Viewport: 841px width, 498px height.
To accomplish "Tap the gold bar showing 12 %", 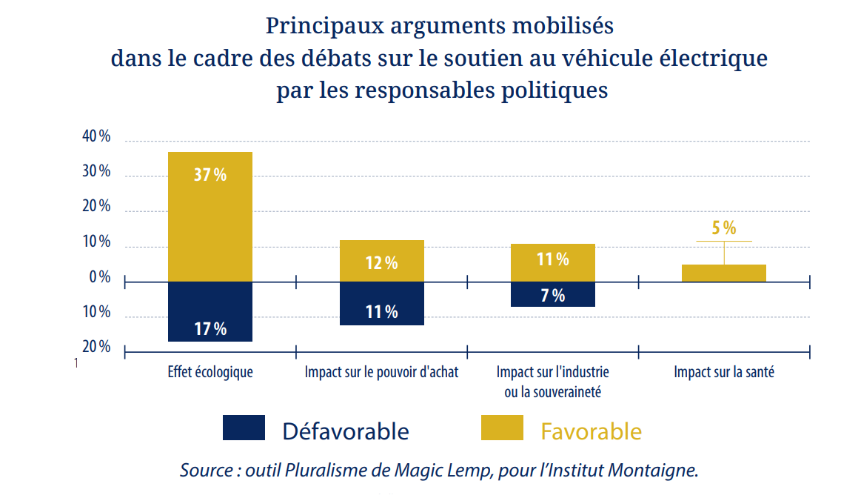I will pos(381,261).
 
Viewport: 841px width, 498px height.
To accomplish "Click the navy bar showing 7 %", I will pos(552,294).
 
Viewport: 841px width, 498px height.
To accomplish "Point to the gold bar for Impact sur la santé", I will pos(723,273).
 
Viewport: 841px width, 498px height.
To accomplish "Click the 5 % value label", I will pos(724,228).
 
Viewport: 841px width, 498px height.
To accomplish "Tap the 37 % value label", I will pos(210,175).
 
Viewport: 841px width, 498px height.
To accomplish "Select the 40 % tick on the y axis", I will pos(96,137).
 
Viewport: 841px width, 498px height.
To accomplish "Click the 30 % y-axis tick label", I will pos(96,171).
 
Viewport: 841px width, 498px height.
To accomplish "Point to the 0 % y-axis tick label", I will pos(99,277).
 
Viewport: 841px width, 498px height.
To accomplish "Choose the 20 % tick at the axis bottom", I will pos(96,347).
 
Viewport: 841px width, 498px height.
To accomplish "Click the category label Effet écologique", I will pos(210,372).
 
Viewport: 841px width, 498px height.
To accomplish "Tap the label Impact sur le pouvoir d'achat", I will pos(381,372).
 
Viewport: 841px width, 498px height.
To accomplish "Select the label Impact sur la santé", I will pos(723,372).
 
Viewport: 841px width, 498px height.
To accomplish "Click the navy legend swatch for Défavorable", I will pos(244,428).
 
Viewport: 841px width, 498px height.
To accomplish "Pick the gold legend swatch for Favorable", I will pos(502,428).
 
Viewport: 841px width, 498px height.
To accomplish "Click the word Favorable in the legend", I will pos(591,431).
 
